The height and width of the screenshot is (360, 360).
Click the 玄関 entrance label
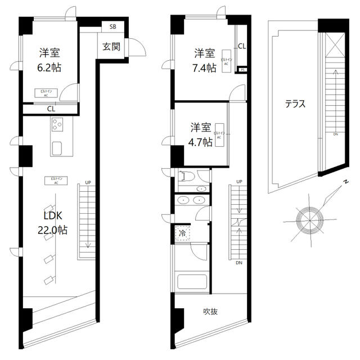111,47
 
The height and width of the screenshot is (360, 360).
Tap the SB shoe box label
112,26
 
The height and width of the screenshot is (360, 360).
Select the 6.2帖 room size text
49,67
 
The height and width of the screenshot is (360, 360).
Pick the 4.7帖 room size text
200,142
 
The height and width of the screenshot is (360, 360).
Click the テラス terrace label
295,103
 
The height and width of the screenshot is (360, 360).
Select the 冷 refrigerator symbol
183,233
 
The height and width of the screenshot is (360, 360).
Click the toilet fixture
186,177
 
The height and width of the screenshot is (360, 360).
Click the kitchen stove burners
58,126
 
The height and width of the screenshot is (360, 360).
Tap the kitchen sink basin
58,148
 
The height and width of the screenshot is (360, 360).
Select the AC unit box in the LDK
56,180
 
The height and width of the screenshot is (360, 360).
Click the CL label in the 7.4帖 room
241,47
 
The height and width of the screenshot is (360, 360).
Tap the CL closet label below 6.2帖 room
51,109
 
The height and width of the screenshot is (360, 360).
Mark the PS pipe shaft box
242,70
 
